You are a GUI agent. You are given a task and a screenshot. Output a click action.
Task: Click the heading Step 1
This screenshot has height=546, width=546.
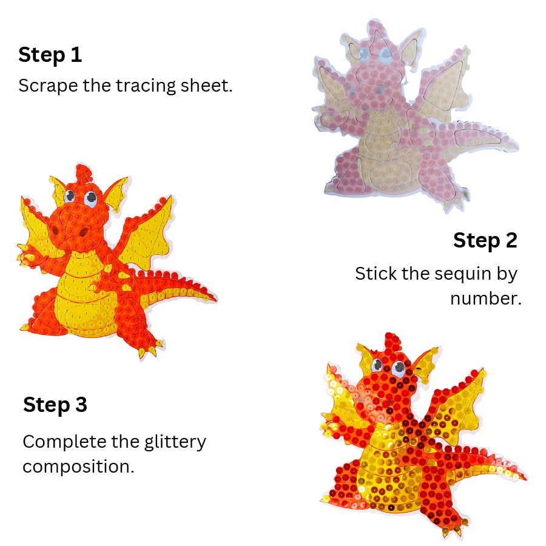[50, 55]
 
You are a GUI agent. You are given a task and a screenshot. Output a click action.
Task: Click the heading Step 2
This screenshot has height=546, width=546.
[485, 240]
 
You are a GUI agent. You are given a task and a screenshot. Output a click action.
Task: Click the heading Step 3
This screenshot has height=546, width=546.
[55, 405]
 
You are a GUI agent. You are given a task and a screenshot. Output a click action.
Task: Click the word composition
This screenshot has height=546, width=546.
[78, 467]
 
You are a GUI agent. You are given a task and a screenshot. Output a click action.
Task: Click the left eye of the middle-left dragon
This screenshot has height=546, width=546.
[70, 196]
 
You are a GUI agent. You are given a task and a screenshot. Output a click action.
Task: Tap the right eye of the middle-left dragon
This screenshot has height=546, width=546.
[90, 197]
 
